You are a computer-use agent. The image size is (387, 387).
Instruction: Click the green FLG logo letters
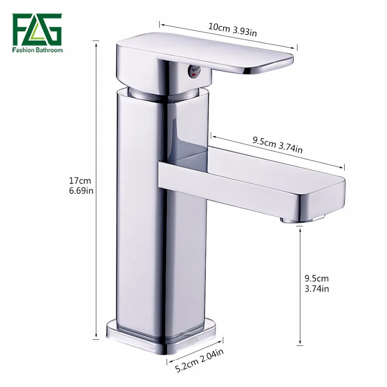37,29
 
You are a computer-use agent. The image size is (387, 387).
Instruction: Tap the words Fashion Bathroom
38,50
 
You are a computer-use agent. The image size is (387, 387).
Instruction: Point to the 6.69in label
81,190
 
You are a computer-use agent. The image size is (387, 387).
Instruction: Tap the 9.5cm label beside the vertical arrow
317,278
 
